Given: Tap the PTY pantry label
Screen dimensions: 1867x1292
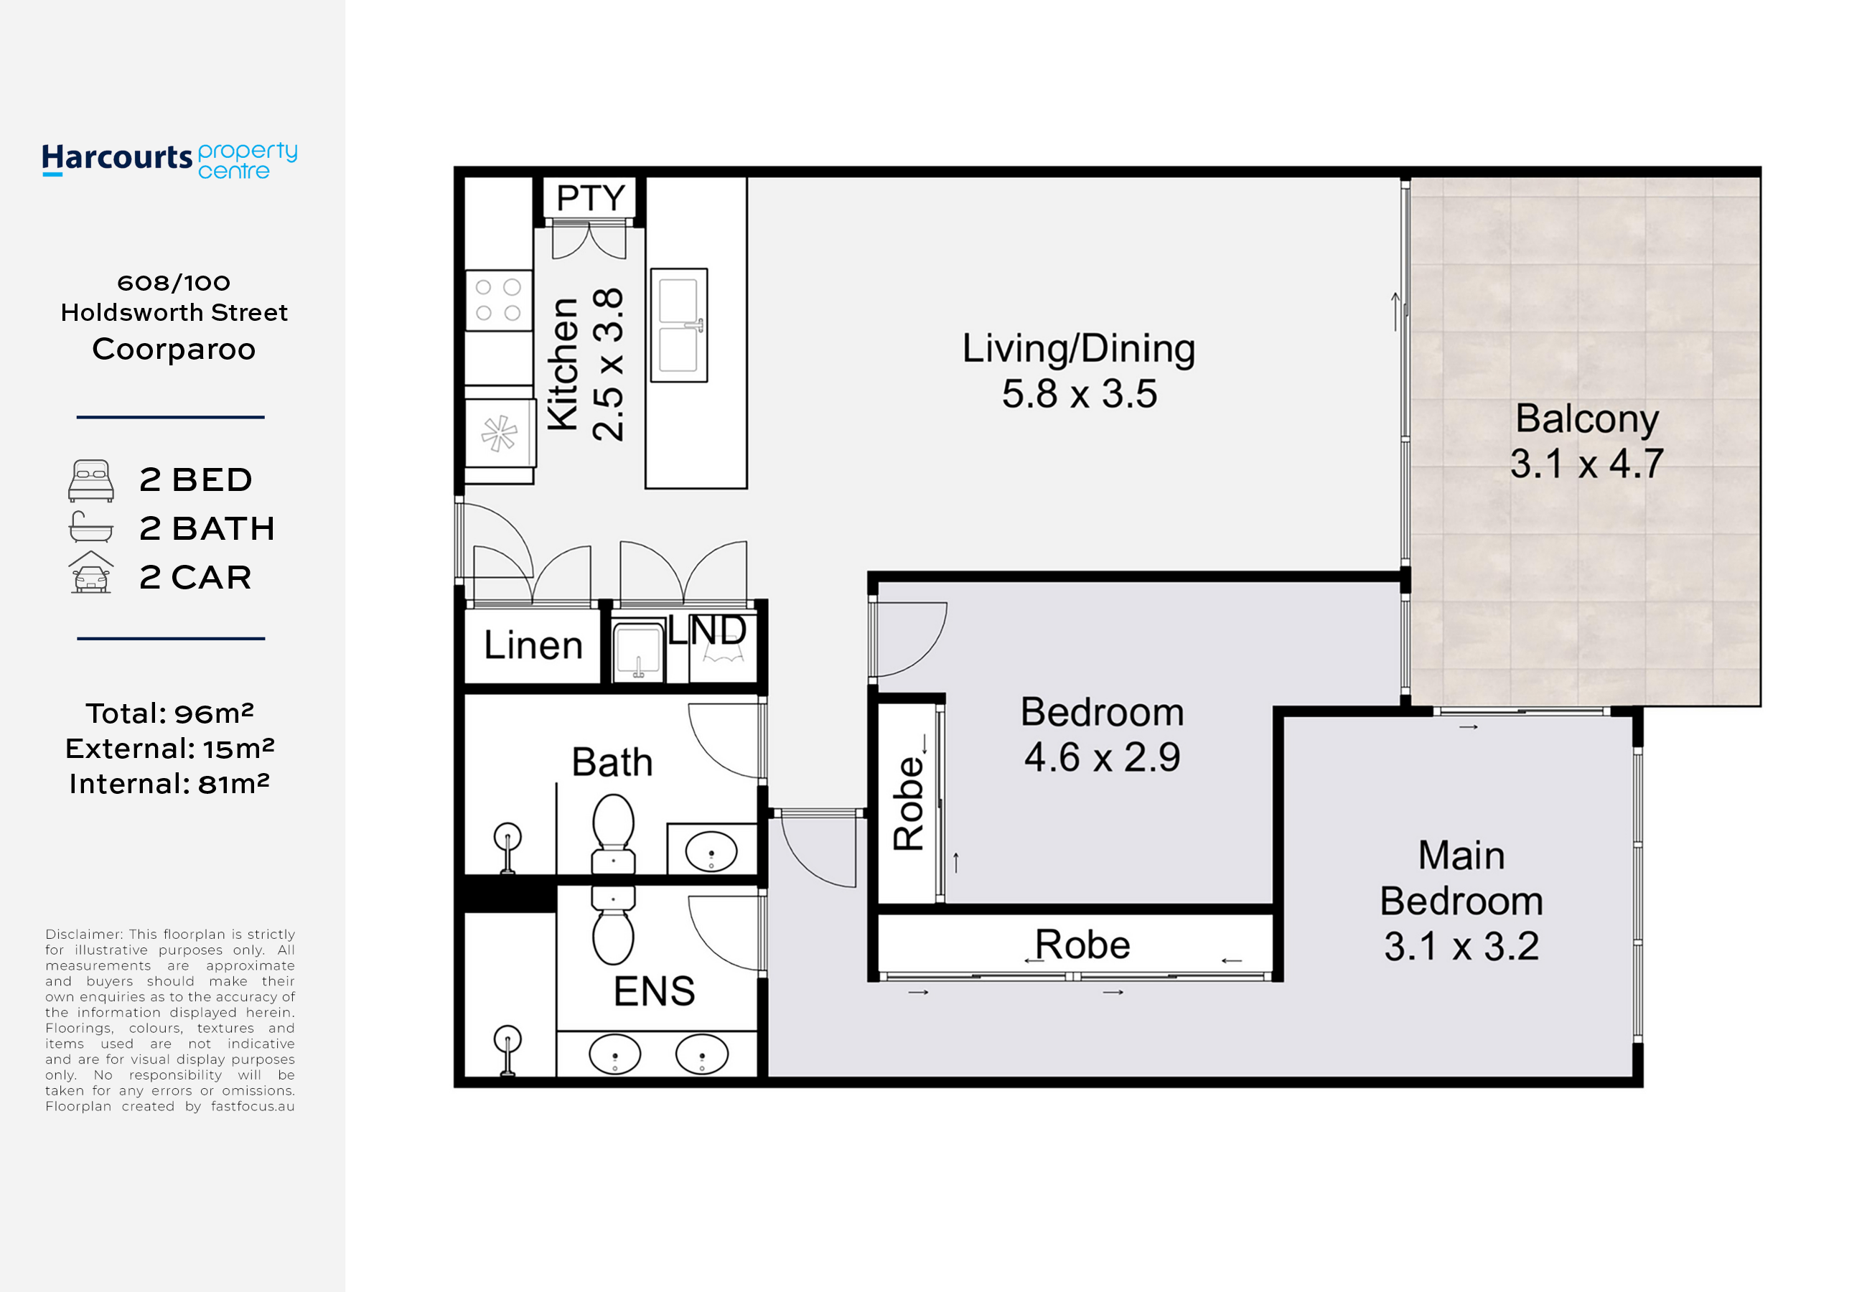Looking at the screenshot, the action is [590, 197].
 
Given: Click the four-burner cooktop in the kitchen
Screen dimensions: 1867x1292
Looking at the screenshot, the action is [498, 300].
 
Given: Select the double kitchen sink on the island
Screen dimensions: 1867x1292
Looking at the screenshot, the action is [678, 324].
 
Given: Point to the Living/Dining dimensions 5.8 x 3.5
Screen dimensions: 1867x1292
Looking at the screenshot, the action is [1080, 394].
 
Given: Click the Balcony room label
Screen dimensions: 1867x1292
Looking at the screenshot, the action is [1587, 418].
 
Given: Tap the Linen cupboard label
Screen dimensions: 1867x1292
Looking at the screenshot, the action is [533, 645].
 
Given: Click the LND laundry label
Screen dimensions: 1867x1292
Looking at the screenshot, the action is [707, 629].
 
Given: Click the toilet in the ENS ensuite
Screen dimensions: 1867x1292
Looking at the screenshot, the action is [613, 925].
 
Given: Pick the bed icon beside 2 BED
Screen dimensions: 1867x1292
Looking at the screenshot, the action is [90, 481].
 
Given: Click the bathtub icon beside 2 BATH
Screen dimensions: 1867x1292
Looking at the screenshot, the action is [90, 527].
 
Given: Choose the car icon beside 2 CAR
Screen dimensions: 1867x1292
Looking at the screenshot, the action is [90, 572].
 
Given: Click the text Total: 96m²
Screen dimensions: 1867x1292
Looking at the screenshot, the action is [170, 713].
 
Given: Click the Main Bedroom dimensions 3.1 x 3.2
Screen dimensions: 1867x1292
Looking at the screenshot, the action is [1461, 946].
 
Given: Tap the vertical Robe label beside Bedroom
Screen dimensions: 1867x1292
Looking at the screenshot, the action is [909, 803].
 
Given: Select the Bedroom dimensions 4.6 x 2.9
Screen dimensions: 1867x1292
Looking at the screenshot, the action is [1102, 758].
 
